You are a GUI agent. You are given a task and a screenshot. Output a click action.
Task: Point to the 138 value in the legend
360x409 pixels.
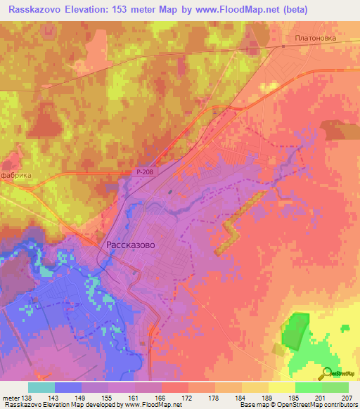(25, 397)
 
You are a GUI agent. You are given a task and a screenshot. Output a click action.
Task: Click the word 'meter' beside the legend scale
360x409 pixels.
(9, 397)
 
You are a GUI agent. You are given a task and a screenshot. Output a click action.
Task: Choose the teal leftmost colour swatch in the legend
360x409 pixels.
(41, 387)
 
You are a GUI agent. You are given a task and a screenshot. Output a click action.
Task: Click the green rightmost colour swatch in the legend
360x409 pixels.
(335, 387)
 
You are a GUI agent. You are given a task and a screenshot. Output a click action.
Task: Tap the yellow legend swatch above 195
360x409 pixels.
(281, 387)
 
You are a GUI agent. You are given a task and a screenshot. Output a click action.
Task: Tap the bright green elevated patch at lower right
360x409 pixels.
(296, 330)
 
